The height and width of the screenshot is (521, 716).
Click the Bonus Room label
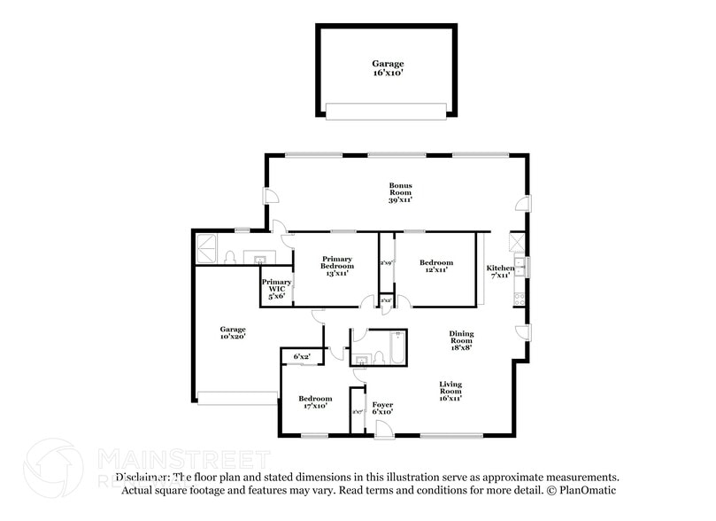click(401, 192)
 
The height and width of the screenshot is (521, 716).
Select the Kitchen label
click(500, 270)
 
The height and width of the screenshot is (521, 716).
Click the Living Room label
click(451, 391)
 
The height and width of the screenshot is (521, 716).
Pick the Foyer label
click(382, 408)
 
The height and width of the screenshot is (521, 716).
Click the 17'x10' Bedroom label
click(314, 401)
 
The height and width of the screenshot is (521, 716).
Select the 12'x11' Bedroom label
click(435, 266)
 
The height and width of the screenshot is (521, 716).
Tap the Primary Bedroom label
click(336, 265)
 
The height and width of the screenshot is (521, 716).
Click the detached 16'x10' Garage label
click(388, 68)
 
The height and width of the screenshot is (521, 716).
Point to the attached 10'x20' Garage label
click(232, 332)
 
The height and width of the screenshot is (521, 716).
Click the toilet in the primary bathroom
click(230, 257)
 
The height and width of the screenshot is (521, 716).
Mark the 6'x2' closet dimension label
click(302, 356)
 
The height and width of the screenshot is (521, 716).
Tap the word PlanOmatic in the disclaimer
click(588, 490)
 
